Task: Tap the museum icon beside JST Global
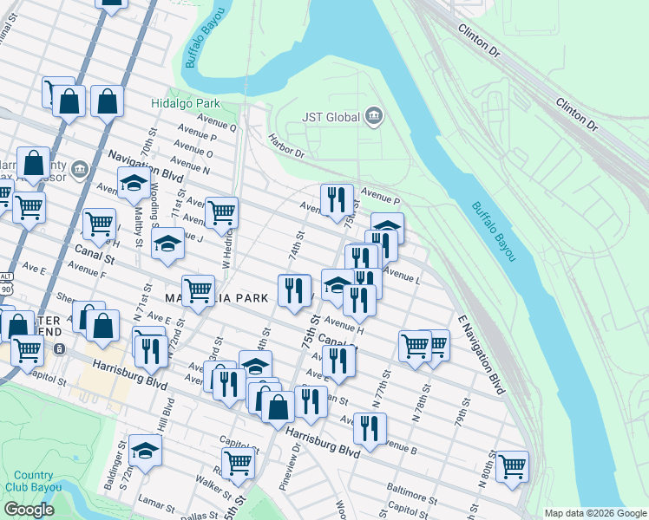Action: coord(374,116)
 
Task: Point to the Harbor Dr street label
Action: coord(286,146)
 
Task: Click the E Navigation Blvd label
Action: coord(477,356)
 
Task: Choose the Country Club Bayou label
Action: coord(33,481)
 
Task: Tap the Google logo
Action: coord(29,510)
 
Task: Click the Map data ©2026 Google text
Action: coord(595,513)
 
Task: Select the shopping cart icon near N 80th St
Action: coord(513,466)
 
